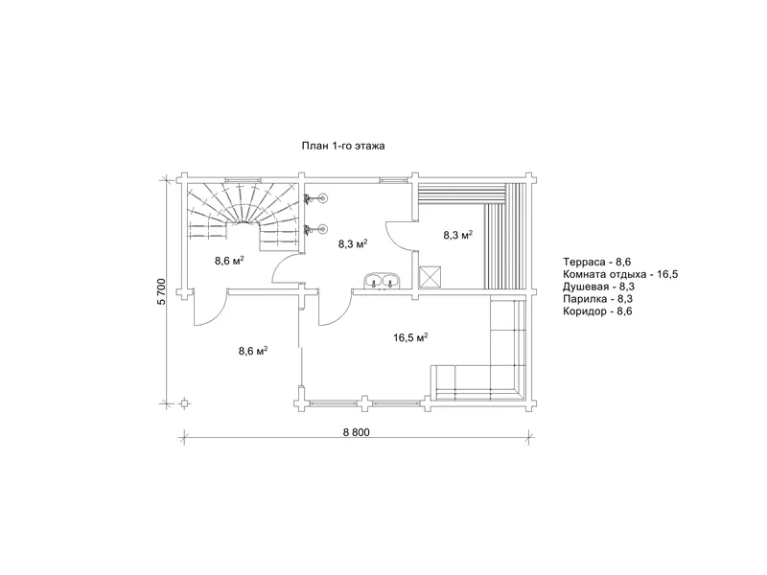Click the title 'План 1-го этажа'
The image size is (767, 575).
pos(343,146)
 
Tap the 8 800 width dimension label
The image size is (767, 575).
pos(356,432)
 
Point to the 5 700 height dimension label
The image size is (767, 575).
pos(161,291)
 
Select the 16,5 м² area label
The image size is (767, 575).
pos(411,337)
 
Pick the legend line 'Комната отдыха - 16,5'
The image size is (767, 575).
pos(620,274)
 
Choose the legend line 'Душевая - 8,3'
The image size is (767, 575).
pos(598,287)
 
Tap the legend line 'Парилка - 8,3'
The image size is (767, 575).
pos(597,299)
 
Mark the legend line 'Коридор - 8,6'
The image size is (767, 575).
pos(597,311)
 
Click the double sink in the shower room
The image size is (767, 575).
pos(382,281)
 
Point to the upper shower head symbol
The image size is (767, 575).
pos(315,198)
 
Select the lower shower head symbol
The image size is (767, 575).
pos(315,228)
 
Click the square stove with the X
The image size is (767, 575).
pos(430,277)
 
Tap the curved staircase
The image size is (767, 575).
pos(244,214)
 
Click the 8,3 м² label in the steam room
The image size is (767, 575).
pos(458,235)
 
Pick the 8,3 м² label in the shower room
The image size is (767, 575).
pos(353,243)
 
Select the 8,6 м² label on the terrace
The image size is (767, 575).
pos(253,351)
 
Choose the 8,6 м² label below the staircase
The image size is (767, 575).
pos(229,261)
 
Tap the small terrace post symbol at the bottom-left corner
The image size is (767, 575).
pos(184,403)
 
